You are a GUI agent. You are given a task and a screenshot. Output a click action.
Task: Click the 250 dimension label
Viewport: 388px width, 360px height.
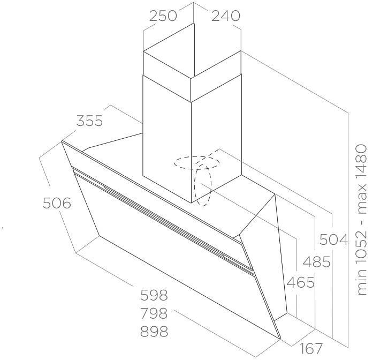click(163, 16)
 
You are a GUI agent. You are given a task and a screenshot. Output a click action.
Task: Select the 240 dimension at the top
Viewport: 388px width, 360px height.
click(226, 16)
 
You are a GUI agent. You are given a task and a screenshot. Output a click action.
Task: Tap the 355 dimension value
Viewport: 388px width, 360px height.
click(89, 121)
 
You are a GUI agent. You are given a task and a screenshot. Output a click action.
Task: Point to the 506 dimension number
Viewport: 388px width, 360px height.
click(57, 203)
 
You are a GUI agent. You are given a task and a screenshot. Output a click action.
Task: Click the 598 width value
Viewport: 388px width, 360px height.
click(154, 295)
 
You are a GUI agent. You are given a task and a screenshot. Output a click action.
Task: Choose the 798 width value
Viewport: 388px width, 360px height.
click(154, 313)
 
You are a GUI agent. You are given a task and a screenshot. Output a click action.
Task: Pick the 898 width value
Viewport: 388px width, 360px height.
click(154, 332)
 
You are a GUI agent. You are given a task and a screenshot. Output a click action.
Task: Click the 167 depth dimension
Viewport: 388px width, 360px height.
click(311, 349)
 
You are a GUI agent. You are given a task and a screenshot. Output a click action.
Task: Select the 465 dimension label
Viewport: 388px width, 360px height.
click(300, 282)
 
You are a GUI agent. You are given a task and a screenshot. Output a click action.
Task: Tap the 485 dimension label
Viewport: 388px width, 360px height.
click(317, 261)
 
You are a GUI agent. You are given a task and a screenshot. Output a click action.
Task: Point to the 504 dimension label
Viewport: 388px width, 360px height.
click(333, 239)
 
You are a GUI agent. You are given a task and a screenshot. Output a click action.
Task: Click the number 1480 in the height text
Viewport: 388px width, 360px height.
click(361, 159)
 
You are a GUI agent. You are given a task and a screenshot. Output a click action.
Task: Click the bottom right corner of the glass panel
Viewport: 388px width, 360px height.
click(280, 339)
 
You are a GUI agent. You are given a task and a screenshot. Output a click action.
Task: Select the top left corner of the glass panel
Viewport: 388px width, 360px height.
click(62, 141)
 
